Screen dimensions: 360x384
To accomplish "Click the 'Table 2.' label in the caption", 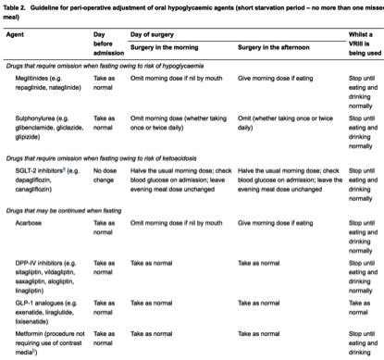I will (17, 8).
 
